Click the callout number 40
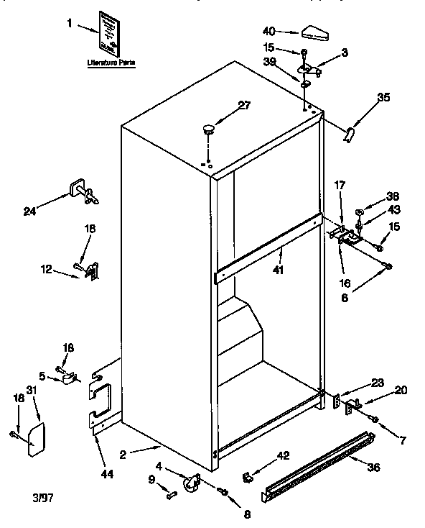(269, 31)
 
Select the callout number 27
(244, 105)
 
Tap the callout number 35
(384, 99)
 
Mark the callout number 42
(284, 455)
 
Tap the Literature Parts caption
(111, 64)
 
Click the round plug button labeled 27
(209, 129)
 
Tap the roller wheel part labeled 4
(191, 484)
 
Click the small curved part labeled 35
(350, 135)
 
